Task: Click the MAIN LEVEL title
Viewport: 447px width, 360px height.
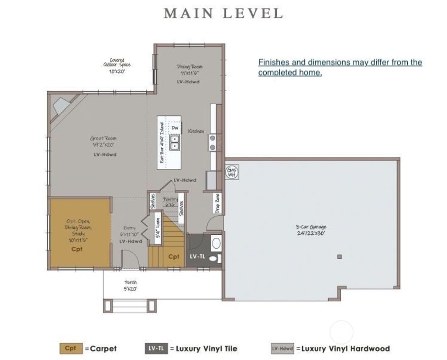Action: coord(223,13)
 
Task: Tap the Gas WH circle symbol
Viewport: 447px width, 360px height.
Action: coord(231,172)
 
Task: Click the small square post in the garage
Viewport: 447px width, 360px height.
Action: coord(339,257)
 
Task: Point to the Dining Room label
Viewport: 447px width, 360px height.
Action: coord(189,69)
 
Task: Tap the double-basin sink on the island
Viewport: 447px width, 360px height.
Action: coord(175,142)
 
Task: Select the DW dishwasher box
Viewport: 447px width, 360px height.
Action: coord(175,127)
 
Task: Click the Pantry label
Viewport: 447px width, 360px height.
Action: coord(170,201)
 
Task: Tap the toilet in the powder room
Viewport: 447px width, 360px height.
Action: coord(213,258)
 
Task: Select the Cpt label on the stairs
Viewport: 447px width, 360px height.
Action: coord(173,257)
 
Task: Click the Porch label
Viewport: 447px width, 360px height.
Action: coord(130,285)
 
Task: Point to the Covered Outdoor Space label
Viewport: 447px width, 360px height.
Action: coord(117,65)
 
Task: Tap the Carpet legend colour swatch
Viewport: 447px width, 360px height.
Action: coord(70,348)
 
